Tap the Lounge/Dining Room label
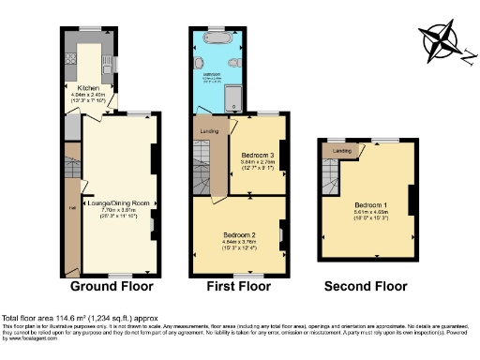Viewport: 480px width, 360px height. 118,202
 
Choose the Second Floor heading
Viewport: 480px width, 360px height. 366,287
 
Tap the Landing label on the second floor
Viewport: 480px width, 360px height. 343,150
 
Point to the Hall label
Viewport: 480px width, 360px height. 71,208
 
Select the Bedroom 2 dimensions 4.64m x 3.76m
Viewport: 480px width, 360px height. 239,241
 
